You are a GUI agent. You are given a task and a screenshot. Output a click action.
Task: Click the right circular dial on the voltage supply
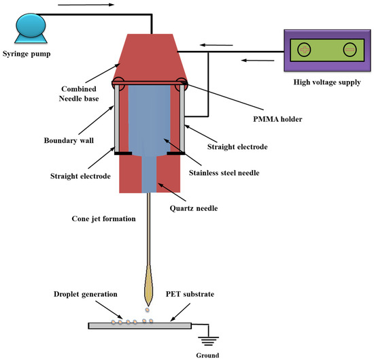click(x=350, y=49)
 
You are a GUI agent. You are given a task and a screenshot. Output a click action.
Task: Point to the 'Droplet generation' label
click(x=78, y=293)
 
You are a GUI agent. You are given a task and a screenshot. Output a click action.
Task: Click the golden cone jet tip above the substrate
click(x=150, y=290)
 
